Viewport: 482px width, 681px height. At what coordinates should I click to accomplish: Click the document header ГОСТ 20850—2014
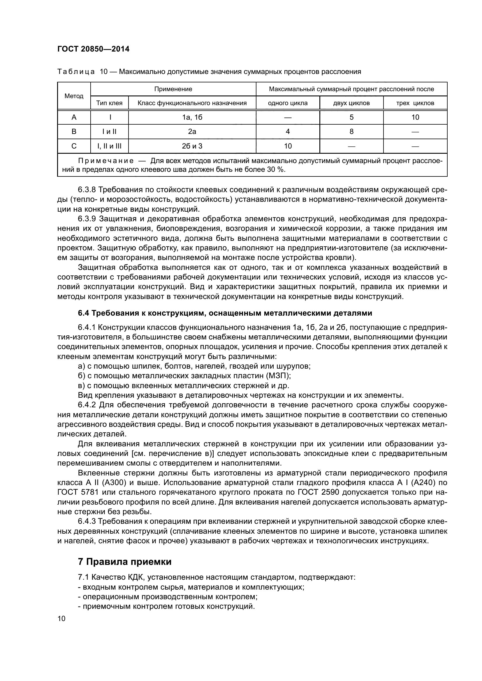click(x=93, y=49)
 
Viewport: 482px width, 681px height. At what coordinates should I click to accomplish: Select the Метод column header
click(x=74, y=96)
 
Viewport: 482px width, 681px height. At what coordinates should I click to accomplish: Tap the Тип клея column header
click(x=109, y=103)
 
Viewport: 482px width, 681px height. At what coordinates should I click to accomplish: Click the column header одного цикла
click(x=288, y=103)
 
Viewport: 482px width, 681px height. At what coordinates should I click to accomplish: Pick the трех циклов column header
click(x=415, y=103)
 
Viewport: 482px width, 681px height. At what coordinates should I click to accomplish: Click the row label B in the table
click(x=74, y=132)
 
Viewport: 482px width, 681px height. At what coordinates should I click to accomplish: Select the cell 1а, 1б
click(x=192, y=117)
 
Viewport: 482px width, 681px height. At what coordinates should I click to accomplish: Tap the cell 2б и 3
click(x=192, y=146)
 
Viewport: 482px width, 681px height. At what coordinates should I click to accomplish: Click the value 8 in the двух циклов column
click(x=351, y=132)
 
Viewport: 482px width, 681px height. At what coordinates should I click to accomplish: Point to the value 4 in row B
click(x=288, y=132)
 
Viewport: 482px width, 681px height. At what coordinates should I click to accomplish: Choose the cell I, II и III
click(x=109, y=146)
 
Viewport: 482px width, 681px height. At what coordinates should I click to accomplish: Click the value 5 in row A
click(x=351, y=117)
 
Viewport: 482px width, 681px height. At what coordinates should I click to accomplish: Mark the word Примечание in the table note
click(x=106, y=161)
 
